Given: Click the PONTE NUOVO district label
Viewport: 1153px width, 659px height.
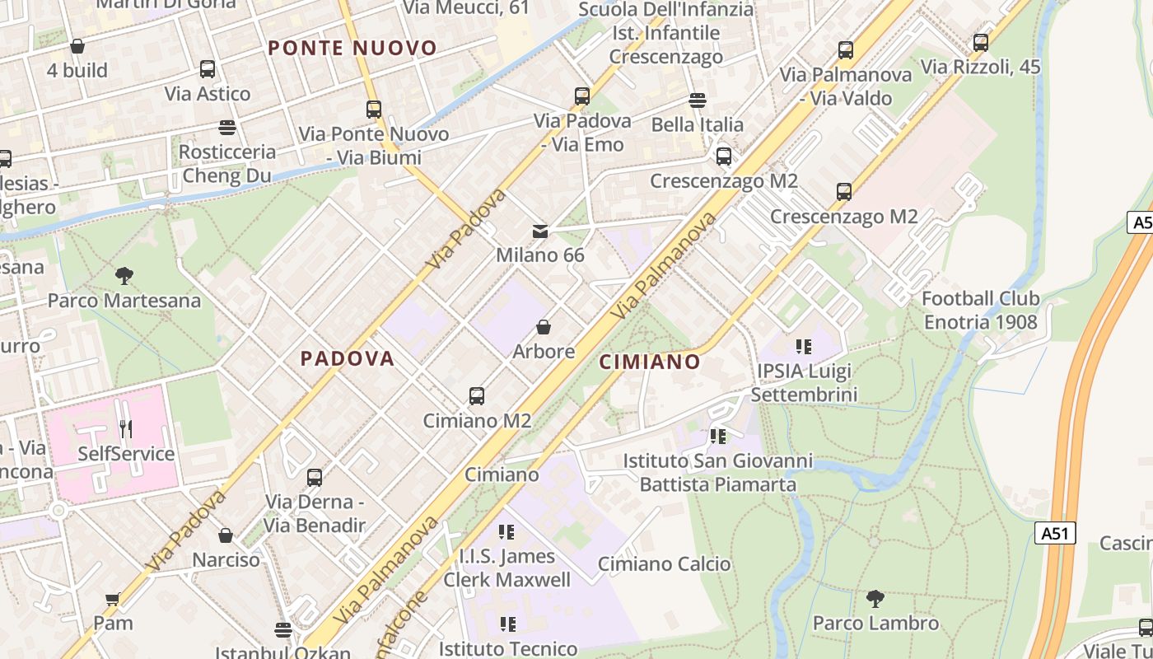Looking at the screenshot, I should [x=352, y=48].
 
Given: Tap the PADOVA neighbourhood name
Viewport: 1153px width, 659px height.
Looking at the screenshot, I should [x=347, y=358].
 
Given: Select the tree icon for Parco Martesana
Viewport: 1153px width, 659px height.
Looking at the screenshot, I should [x=124, y=276].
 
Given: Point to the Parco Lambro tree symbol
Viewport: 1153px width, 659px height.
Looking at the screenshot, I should [x=875, y=599].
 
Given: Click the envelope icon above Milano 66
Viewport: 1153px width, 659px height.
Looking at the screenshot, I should [x=540, y=231].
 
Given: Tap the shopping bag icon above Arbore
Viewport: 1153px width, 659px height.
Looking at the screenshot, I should [x=544, y=327].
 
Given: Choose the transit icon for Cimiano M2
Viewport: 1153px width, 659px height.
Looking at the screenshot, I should [x=477, y=396].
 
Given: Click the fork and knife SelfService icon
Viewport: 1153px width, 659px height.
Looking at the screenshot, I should [x=126, y=429].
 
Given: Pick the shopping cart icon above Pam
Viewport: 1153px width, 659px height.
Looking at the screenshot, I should [x=113, y=599].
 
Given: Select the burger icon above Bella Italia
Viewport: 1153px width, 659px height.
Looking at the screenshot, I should [x=698, y=100].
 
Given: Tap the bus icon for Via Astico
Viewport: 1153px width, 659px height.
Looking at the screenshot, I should [x=208, y=69].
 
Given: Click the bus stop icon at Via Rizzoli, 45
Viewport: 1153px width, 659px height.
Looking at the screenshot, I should [x=981, y=43].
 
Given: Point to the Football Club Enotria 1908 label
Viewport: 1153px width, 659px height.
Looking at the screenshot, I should [x=980, y=310].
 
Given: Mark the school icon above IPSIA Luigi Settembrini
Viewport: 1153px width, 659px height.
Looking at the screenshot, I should [x=804, y=347].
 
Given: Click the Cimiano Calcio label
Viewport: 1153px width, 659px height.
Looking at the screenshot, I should [x=664, y=564].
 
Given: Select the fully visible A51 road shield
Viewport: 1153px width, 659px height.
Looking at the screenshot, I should [x=1054, y=533].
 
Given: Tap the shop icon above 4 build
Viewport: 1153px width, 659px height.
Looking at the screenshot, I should [x=77, y=46].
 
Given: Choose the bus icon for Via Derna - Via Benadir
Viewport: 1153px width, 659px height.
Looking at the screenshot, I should [x=315, y=478].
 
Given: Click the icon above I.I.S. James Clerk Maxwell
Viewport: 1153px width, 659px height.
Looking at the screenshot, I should [x=506, y=532].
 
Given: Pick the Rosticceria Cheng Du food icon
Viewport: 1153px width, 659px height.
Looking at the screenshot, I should [x=227, y=128].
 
